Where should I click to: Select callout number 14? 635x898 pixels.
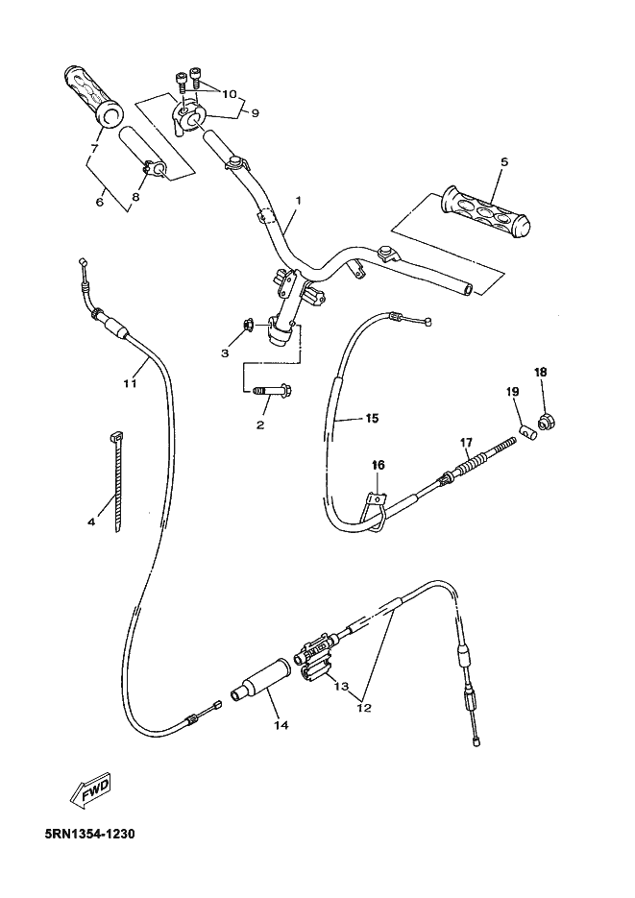281,725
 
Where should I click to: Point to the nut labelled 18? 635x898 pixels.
548,420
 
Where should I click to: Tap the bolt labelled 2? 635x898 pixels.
273,391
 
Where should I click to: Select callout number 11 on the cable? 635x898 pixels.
130,384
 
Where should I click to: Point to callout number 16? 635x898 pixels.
379,465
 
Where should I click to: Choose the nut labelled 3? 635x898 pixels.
248,326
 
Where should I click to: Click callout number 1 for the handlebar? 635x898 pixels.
299,201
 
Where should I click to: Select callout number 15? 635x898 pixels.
371,419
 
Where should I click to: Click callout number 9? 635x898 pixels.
255,113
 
